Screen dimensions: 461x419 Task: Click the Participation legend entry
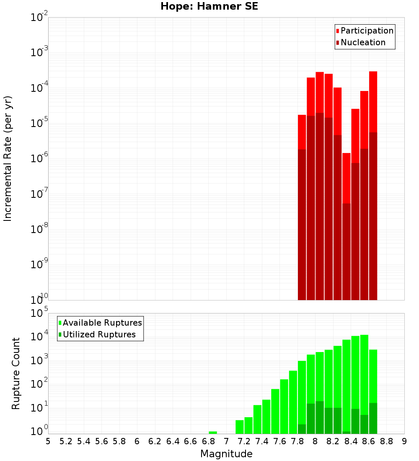pos(367,31)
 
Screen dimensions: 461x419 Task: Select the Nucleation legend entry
pos(363,43)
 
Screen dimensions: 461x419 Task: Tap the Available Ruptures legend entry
pos(102,323)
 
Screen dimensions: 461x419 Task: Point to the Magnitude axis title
pos(226,454)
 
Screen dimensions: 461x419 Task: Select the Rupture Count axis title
pos(16,373)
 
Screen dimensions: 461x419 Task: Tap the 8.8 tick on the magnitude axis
pos(386,441)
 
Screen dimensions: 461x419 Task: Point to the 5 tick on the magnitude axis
pos(48,441)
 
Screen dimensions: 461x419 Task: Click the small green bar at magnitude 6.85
pos(213,433)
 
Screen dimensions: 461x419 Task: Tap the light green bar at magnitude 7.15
pos(240,427)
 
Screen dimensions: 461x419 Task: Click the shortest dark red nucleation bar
pos(347,251)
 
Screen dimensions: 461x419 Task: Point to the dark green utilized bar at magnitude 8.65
pos(373,418)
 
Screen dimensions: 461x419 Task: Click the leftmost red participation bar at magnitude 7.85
pos(302,132)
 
